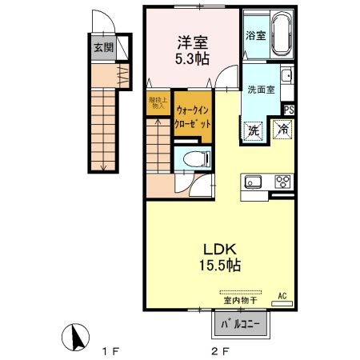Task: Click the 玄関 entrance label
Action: click(x=104, y=48)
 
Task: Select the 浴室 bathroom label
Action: click(x=254, y=36)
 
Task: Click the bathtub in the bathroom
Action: click(x=282, y=36)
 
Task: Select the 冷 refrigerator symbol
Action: click(x=282, y=129)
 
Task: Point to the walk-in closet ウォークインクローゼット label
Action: click(x=192, y=119)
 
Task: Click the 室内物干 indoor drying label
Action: click(x=238, y=301)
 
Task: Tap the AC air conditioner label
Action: click(x=282, y=296)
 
